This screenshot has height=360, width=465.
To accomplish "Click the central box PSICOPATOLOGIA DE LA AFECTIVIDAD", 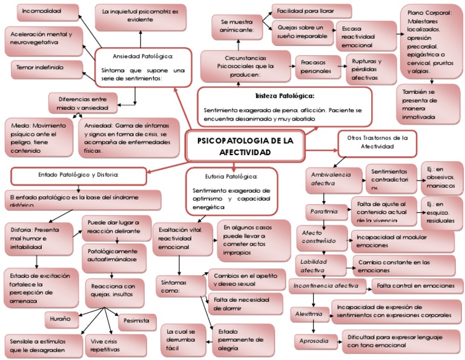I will (x=246, y=146).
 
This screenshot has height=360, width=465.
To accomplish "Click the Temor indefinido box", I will (x=42, y=69).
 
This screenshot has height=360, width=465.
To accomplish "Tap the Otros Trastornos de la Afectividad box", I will (x=377, y=142).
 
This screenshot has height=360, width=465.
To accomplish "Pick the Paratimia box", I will (x=325, y=212).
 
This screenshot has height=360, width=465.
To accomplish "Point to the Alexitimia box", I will (x=309, y=315).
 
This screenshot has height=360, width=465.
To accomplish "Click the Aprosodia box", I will (x=315, y=341).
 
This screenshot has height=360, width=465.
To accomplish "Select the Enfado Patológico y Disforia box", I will (x=79, y=175).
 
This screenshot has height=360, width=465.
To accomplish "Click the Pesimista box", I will (x=136, y=321).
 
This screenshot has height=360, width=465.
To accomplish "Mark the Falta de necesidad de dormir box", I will (x=245, y=304).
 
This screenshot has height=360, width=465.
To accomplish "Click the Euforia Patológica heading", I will (x=231, y=176).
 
